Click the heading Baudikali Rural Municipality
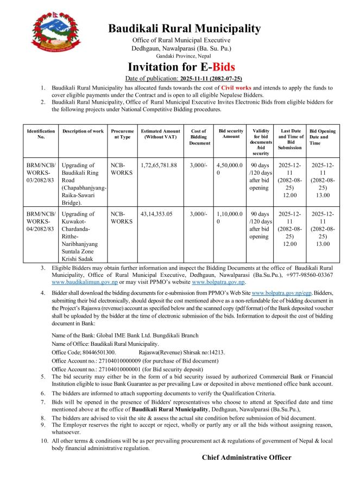[x=184, y=28]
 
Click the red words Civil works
[x=236, y=87]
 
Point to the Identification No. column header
[x=41, y=134]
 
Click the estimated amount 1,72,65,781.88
[x=159, y=165]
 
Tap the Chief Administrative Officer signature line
[x=247, y=457]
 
